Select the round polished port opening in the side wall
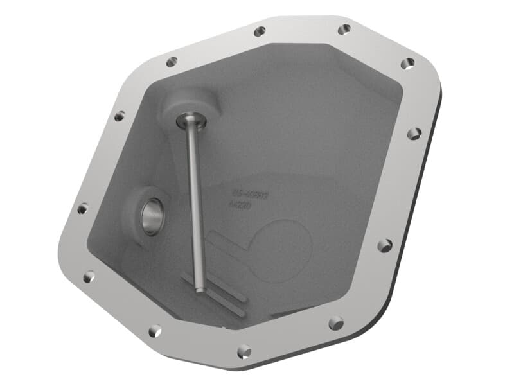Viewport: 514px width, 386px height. pos(153,217)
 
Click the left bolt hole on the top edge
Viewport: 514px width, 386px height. pos(260,31)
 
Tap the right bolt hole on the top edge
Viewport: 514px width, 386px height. pos(344,29)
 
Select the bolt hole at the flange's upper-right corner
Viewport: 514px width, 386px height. pos(407,64)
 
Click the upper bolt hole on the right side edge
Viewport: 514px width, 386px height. pos(414,134)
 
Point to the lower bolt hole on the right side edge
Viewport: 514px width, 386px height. pos(384,245)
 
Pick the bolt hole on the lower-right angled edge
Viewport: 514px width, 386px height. pos(335,323)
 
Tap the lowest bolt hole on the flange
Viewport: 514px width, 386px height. pos(244,351)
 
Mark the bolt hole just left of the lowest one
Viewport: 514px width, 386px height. pos(155,331)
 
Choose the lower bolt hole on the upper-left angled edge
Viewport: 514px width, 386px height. pos(120,116)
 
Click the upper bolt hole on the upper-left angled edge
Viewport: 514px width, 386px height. pos(172,62)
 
